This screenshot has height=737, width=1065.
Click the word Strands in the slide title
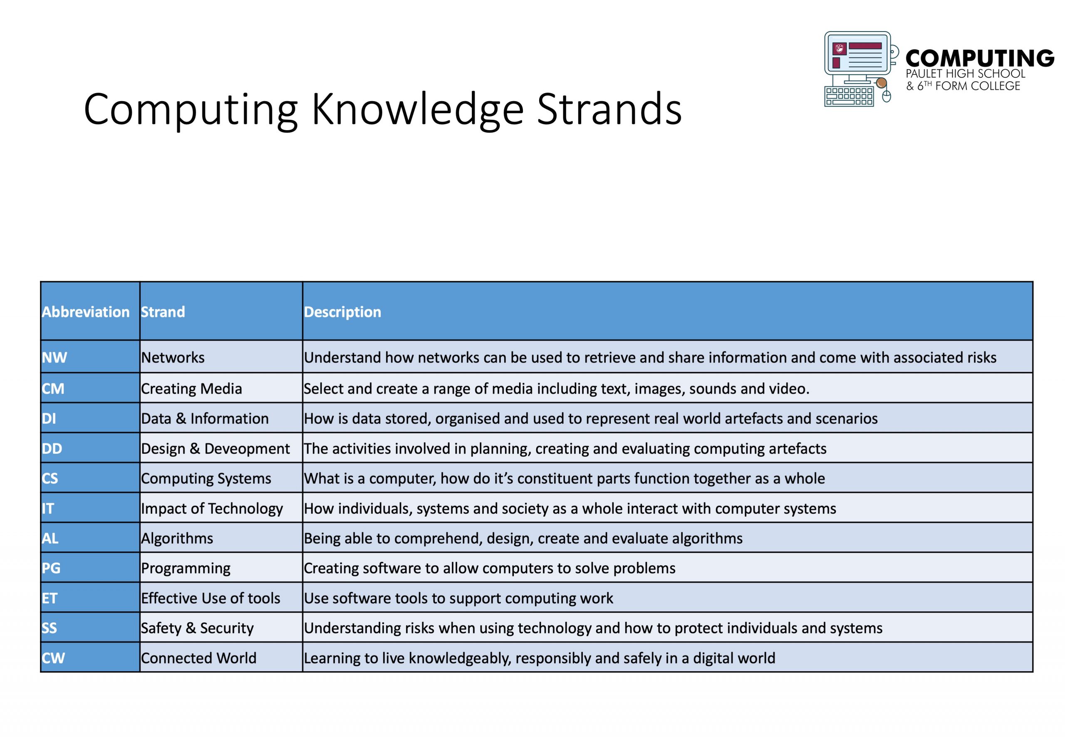(609, 109)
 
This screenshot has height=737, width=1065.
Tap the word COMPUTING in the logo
(980, 58)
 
